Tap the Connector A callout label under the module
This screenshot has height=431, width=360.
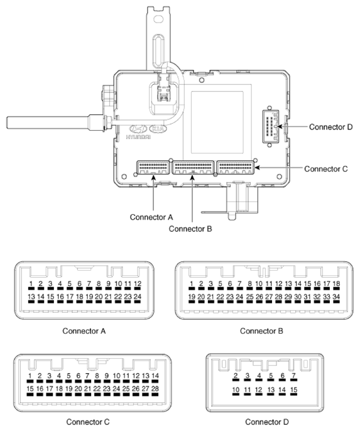coord(151,217)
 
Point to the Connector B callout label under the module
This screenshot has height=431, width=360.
coord(190,229)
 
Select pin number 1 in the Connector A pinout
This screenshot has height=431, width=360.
coord(30,284)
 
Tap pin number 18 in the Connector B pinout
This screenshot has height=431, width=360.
coord(336,284)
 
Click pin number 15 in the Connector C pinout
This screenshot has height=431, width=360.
coord(30,390)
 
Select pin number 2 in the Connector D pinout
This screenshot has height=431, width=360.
coord(235,376)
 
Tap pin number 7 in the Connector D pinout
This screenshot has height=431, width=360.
coord(293,376)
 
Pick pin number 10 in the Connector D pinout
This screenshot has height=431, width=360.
coord(235,390)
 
